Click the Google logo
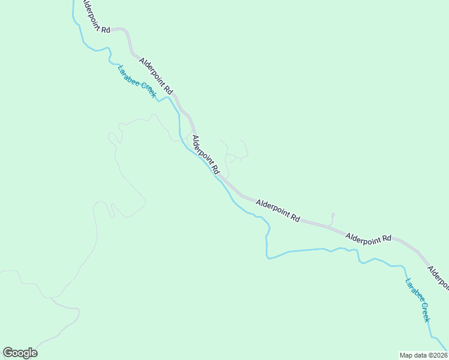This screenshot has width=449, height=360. [x=20, y=353]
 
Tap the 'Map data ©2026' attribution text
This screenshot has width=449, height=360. [x=423, y=355]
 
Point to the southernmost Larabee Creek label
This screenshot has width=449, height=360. [x=418, y=300]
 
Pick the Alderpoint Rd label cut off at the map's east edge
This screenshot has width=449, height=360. [x=438, y=274]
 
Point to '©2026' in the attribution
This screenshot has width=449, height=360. [x=435, y=355]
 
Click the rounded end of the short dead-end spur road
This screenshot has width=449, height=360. [x=333, y=215]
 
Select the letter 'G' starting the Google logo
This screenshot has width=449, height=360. [x=8, y=353]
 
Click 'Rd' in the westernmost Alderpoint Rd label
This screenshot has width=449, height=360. [x=106, y=29]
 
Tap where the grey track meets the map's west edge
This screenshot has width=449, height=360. [x=1, y=271]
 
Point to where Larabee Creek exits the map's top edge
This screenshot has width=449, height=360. [x=73, y=2]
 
